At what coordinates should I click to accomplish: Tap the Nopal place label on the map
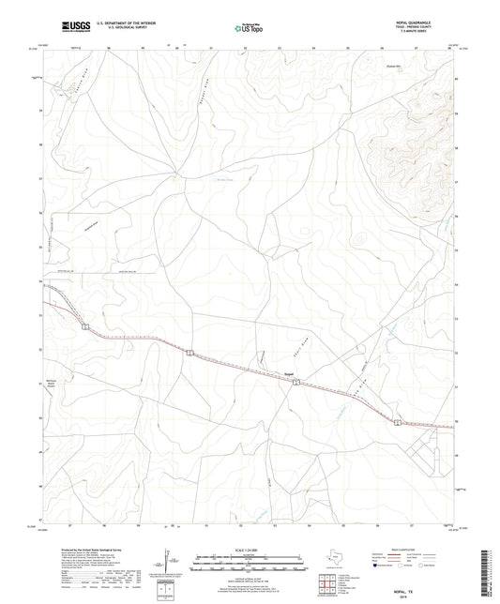point(290,370)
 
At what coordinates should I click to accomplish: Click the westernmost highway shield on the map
point(84,326)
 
